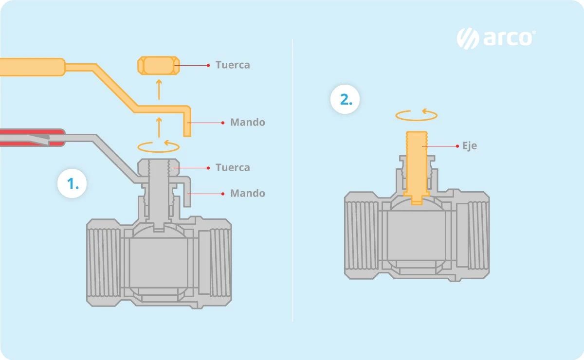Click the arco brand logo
496,38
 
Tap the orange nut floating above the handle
159,65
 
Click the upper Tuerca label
233,65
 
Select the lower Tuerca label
233,168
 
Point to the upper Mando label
247,122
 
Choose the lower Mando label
247,194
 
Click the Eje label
470,146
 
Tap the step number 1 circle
72,183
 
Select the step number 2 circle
345,99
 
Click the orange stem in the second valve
417,167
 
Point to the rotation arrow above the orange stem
417,115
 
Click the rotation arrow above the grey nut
159,146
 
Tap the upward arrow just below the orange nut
159,90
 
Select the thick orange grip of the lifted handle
32,67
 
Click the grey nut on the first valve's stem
159,168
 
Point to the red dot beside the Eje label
457,146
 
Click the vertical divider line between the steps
292,180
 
